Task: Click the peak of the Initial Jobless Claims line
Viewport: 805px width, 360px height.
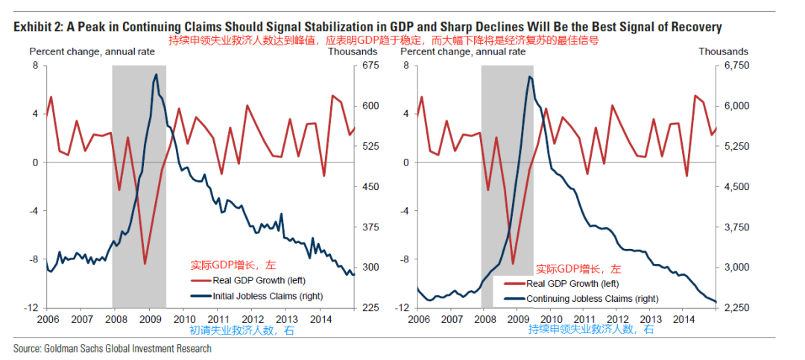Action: [156, 74]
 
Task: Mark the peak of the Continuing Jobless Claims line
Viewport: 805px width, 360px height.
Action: [528, 76]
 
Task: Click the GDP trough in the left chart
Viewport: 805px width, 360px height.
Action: [145, 264]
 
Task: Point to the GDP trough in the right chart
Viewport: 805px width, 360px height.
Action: [513, 264]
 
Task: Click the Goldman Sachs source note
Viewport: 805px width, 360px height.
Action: [113, 348]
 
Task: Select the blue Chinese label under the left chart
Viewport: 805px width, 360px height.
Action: [242, 330]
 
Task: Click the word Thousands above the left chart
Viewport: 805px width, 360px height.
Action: [353, 51]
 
